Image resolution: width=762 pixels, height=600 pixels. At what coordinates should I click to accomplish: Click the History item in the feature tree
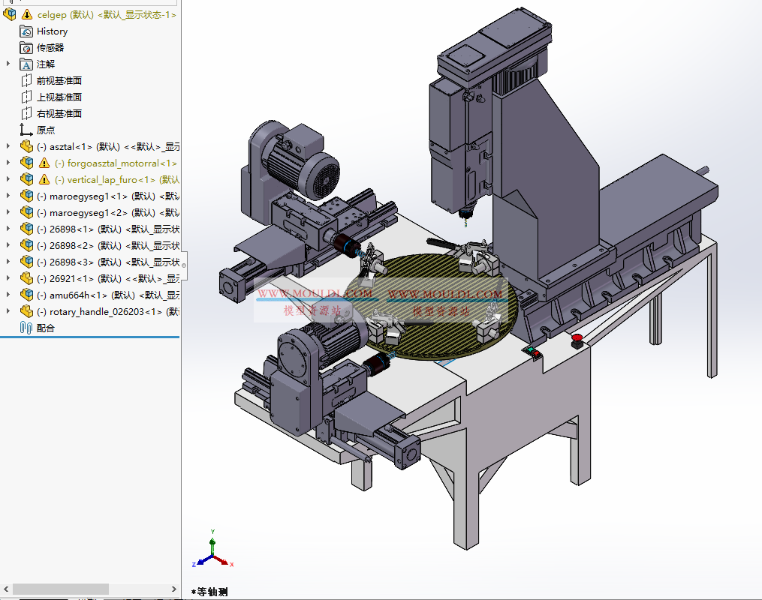tap(51, 31)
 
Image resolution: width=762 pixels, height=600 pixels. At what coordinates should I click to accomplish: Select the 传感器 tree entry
tap(50, 48)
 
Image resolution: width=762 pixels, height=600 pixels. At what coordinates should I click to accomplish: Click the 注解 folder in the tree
tap(45, 64)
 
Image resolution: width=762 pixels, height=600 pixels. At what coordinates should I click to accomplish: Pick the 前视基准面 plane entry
tap(59, 81)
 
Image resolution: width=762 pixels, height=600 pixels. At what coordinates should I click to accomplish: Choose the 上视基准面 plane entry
tap(59, 97)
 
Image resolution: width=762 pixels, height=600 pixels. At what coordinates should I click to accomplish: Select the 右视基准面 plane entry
tap(59, 114)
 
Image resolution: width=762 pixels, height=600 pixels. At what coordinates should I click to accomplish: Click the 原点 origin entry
tap(45, 130)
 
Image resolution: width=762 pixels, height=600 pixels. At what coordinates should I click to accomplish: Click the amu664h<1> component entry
tap(78, 295)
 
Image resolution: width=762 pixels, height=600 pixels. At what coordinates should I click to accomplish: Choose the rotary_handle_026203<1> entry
tap(105, 312)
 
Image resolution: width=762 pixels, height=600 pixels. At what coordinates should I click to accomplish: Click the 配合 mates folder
tap(45, 328)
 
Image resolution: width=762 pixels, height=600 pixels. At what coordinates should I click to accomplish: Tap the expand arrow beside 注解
tap(8, 64)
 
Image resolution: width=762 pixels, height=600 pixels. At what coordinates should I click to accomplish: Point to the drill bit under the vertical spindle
tap(463, 219)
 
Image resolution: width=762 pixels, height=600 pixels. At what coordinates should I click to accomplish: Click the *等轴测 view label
tap(212, 592)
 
